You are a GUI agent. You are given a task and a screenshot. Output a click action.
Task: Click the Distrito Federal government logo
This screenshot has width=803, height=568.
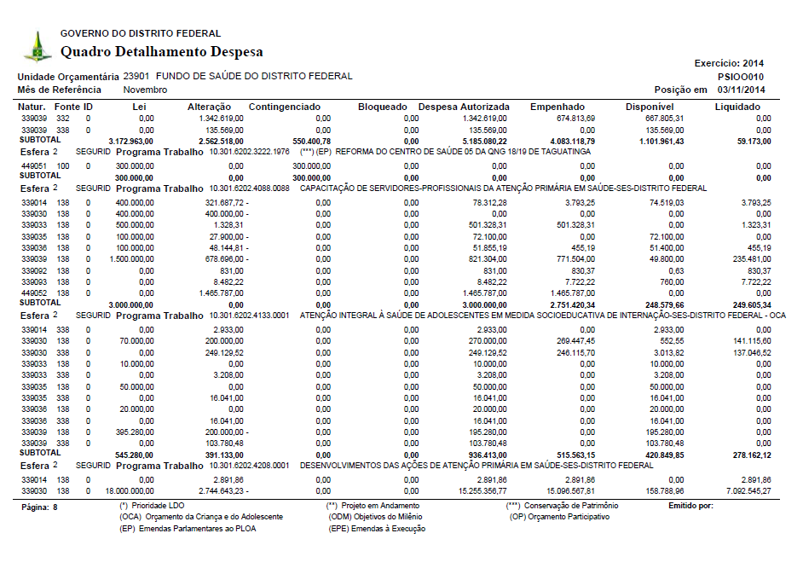click(37, 46)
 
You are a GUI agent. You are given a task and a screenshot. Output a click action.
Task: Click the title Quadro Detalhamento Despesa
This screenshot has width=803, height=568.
click(161, 52)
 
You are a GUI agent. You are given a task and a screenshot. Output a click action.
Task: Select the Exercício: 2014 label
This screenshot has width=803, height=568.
click(730, 63)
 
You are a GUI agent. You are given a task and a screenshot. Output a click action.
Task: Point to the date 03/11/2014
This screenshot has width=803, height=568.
click(742, 90)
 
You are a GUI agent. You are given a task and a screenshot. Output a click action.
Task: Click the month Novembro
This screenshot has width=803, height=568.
click(145, 90)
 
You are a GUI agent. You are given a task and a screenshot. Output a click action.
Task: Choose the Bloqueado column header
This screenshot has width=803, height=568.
click(383, 107)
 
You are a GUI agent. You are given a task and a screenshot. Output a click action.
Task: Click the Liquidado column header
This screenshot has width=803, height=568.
click(738, 107)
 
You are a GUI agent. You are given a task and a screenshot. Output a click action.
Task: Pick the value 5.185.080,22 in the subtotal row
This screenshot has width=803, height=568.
click(482, 141)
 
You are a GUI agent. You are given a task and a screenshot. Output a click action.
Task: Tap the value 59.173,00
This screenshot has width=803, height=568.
click(754, 141)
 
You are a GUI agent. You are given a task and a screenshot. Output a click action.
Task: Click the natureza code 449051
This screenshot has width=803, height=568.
click(33, 165)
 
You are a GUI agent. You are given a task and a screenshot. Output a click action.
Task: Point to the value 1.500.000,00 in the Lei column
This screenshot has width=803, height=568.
click(130, 258)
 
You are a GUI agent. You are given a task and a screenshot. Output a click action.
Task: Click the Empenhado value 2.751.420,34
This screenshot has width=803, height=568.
click(570, 304)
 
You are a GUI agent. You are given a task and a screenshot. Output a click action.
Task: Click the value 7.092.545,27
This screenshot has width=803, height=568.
click(746, 491)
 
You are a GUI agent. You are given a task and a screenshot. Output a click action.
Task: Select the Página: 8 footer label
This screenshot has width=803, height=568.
click(38, 507)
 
